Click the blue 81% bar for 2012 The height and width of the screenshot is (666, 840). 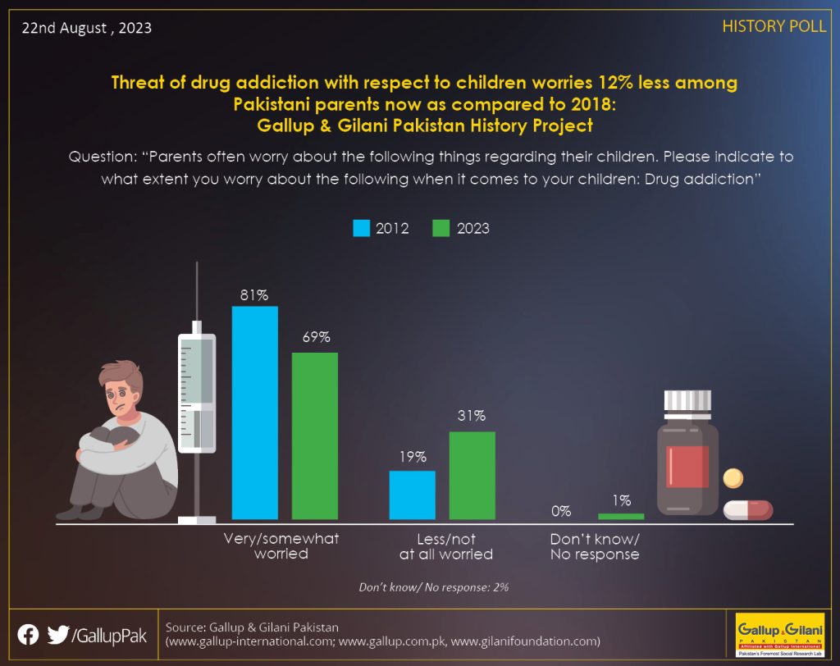(x=255, y=413)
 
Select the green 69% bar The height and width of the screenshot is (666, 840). (x=315, y=436)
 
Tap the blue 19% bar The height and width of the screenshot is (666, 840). (x=413, y=495)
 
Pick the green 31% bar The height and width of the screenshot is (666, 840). (x=472, y=475)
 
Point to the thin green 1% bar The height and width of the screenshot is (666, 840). (x=621, y=517)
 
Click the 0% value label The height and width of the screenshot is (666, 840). (x=561, y=511)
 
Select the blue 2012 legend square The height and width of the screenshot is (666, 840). (x=362, y=228)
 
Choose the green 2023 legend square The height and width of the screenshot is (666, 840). (x=441, y=228)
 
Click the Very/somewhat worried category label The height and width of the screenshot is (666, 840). (x=281, y=546)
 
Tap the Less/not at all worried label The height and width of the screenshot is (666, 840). (x=446, y=546)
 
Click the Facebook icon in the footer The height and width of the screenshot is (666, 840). (x=29, y=635)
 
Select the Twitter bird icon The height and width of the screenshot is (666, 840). (x=58, y=635)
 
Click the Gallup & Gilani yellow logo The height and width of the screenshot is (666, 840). (x=780, y=635)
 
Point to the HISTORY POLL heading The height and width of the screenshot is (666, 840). (x=774, y=26)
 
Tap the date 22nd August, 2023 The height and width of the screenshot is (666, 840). (x=87, y=28)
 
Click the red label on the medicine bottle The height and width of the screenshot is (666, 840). (x=687, y=467)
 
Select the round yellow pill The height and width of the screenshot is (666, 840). (x=733, y=478)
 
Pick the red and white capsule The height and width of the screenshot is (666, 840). (x=748, y=509)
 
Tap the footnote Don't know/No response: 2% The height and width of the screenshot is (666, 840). (x=433, y=587)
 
